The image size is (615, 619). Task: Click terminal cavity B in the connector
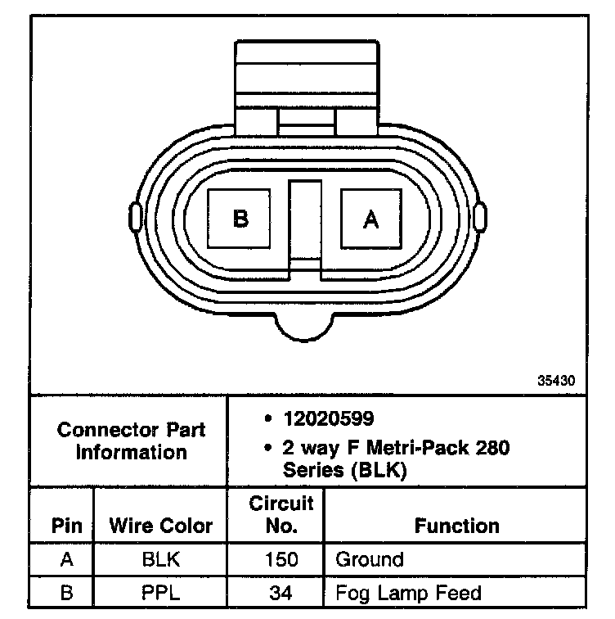pos(239,219)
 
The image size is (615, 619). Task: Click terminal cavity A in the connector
pos(371,219)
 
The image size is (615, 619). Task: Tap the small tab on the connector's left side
pos(135,216)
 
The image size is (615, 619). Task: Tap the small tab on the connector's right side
pos(480,216)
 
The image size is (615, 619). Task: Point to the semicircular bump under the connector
pos(304,328)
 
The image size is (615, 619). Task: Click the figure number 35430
pos(556,381)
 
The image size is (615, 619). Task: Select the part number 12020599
pos(329,418)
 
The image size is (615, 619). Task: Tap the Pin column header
pos(66,526)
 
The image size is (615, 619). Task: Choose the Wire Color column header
pos(161,526)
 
